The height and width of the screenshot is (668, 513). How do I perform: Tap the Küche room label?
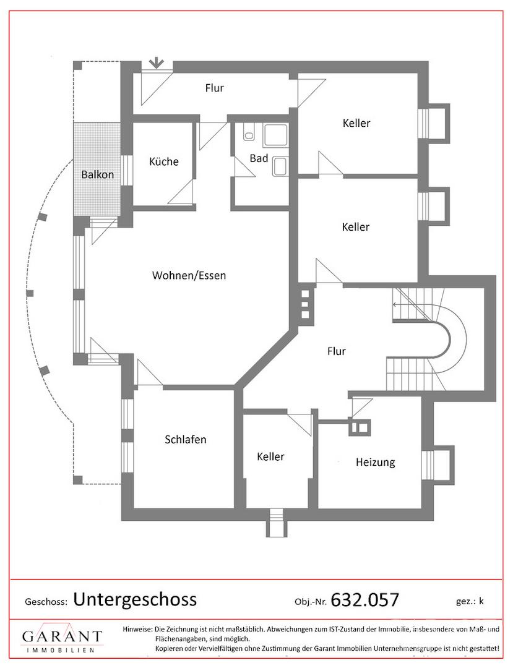[x=163, y=161]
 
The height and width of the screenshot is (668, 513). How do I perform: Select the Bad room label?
[x=259, y=158]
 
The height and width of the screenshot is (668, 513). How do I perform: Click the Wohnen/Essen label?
[x=189, y=275]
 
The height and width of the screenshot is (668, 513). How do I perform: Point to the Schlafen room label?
[x=186, y=439]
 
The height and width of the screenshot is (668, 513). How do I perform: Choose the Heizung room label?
[x=376, y=462]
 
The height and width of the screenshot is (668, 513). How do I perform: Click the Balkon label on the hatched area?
[x=98, y=174]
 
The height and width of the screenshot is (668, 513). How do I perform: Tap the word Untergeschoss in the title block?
[x=135, y=599]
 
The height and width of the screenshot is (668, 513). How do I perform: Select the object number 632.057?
[x=364, y=600]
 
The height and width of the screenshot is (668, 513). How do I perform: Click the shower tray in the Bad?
[x=275, y=135]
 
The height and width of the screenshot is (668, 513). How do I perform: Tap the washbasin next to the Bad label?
[x=280, y=166]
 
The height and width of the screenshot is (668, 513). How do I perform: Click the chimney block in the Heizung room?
[x=360, y=427]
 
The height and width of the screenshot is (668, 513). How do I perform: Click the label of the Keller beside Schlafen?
[x=270, y=456]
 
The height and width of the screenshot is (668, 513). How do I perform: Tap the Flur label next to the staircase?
[x=336, y=351]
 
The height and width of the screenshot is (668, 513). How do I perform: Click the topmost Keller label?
[x=356, y=123]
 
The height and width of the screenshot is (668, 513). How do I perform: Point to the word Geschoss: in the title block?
[x=46, y=602]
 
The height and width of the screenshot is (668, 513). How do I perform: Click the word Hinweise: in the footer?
[x=137, y=629]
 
